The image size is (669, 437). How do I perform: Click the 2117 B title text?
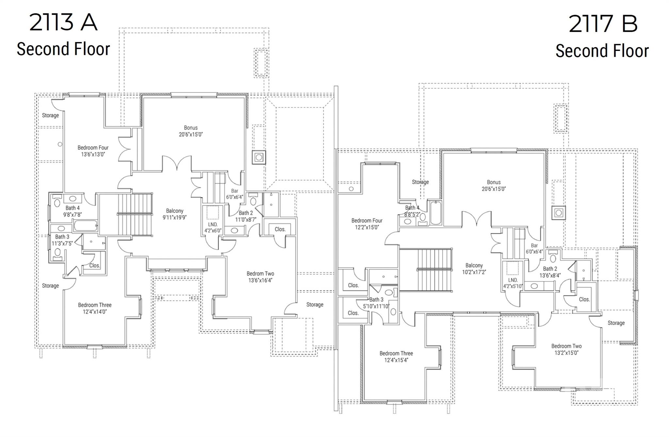[603, 24]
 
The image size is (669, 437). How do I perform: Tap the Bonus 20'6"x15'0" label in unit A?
[191, 131]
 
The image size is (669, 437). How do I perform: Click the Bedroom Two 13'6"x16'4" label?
[260, 277]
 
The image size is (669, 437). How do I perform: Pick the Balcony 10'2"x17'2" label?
[474, 268]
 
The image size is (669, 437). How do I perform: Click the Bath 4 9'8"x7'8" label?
[72, 211]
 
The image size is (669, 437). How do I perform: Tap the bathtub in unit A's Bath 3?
[86, 226]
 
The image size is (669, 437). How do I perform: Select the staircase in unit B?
[434, 269]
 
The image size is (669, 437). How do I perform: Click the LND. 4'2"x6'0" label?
[212, 227]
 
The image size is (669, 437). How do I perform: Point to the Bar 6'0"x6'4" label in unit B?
[534, 249]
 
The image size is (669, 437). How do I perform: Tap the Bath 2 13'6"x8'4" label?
[550, 272]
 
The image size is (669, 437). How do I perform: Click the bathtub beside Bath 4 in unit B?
[435, 213]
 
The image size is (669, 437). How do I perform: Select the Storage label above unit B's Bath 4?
[420, 182]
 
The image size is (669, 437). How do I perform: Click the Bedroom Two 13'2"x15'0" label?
[566, 349]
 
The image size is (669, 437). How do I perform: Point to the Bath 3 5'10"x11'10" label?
[376, 303]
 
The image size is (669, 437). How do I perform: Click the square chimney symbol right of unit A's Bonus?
[259, 157]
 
